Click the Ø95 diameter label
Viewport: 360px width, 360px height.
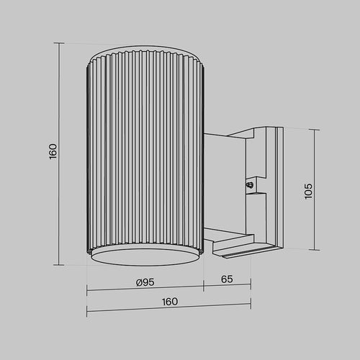[145, 282]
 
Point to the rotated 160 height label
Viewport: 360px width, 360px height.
[53, 152]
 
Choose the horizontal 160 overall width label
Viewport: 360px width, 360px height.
[169, 302]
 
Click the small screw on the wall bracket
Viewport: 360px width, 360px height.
[250, 185]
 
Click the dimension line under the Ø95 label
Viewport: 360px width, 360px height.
[144, 291]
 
